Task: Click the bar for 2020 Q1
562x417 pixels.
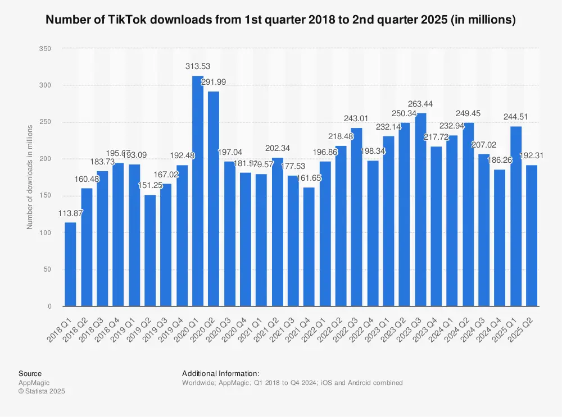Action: (x=198, y=191)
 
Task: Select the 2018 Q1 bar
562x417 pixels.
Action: (x=70, y=264)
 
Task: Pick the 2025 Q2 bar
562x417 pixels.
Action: (x=532, y=235)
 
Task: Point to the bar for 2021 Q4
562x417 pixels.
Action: (x=309, y=246)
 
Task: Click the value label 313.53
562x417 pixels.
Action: (x=198, y=67)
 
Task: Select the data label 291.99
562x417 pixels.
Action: (x=214, y=82)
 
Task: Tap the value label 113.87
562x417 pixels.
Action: (x=70, y=213)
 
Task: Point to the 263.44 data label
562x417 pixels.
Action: (x=421, y=104)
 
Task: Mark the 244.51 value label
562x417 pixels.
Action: (x=516, y=117)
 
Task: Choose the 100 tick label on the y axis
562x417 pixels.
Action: (x=46, y=233)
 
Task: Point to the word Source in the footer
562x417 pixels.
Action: (x=30, y=373)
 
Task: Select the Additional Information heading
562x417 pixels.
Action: (x=221, y=373)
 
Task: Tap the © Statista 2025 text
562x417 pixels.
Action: (x=42, y=391)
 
